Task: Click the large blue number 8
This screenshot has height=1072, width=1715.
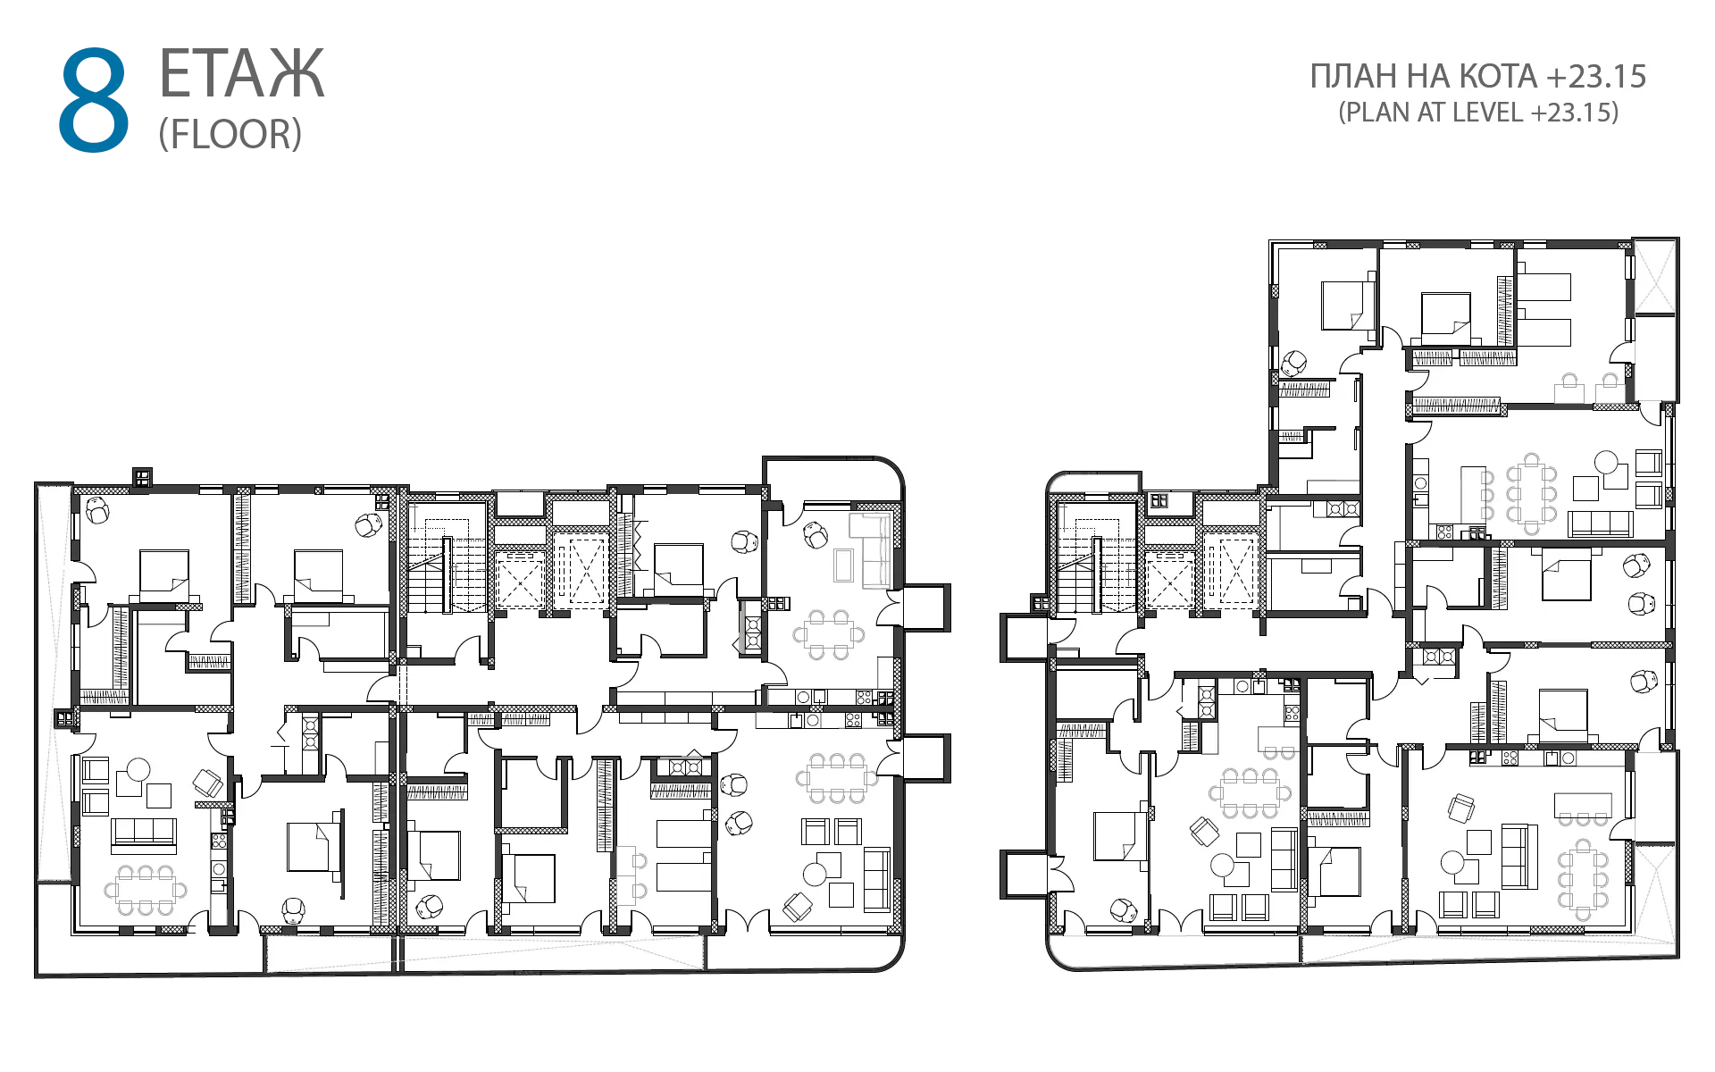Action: tap(94, 100)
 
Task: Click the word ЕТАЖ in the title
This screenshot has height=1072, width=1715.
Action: tap(241, 74)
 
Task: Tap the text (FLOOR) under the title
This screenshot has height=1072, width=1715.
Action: tap(230, 134)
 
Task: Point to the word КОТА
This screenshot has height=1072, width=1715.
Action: tap(1498, 77)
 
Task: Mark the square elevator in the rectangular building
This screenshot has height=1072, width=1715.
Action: tap(520, 581)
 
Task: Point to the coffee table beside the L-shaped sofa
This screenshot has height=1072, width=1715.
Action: tap(843, 565)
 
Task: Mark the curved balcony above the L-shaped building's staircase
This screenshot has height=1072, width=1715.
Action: tap(1093, 482)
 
